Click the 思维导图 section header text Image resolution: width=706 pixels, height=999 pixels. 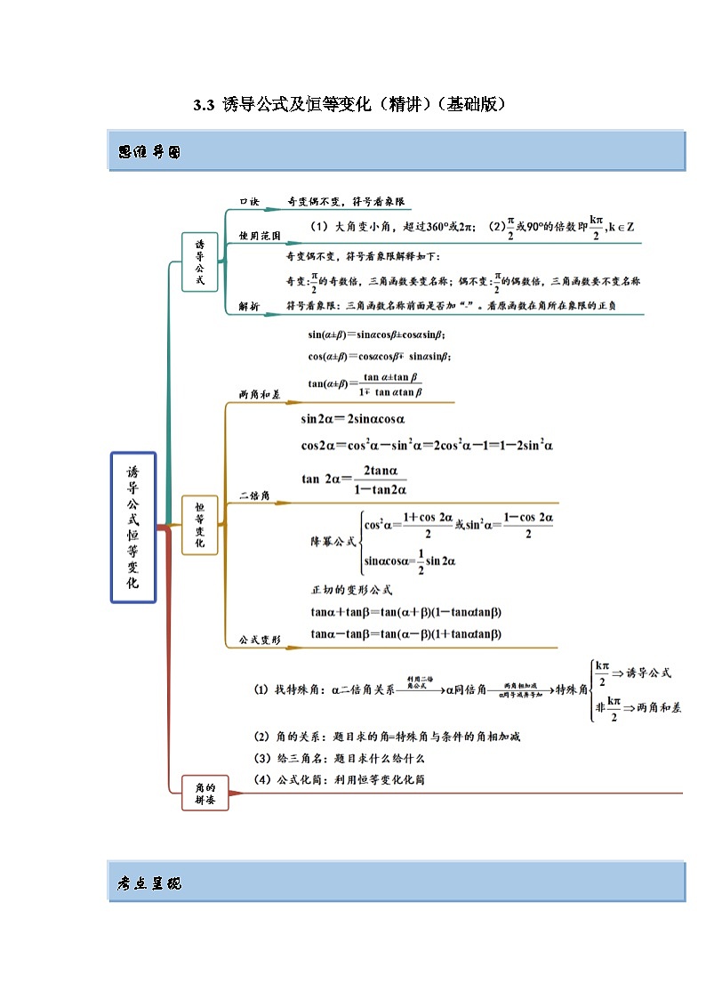(149, 152)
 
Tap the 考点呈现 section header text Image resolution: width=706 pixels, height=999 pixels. (149, 883)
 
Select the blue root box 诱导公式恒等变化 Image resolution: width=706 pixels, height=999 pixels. (133, 527)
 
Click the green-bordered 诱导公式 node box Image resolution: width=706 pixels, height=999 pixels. (199, 262)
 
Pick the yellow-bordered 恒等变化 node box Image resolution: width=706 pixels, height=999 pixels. (199, 525)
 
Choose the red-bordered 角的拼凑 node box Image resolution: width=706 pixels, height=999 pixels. (205, 792)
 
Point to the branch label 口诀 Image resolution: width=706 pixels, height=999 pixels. (250, 202)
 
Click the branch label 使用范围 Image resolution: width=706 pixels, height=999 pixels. (260, 236)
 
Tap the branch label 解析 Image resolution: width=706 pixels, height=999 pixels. (250, 306)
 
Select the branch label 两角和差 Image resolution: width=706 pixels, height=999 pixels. (260, 393)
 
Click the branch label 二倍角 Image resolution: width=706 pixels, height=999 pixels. (254, 495)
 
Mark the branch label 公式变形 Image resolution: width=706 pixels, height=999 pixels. (260, 640)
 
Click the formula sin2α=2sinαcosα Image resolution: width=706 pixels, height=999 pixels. (354, 419)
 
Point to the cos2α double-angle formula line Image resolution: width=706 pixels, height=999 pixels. (427, 445)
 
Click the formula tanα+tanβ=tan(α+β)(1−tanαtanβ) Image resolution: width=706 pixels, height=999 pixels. (406, 611)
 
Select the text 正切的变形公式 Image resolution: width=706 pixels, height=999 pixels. (351, 590)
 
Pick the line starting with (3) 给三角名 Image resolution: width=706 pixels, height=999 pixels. (340, 758)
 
